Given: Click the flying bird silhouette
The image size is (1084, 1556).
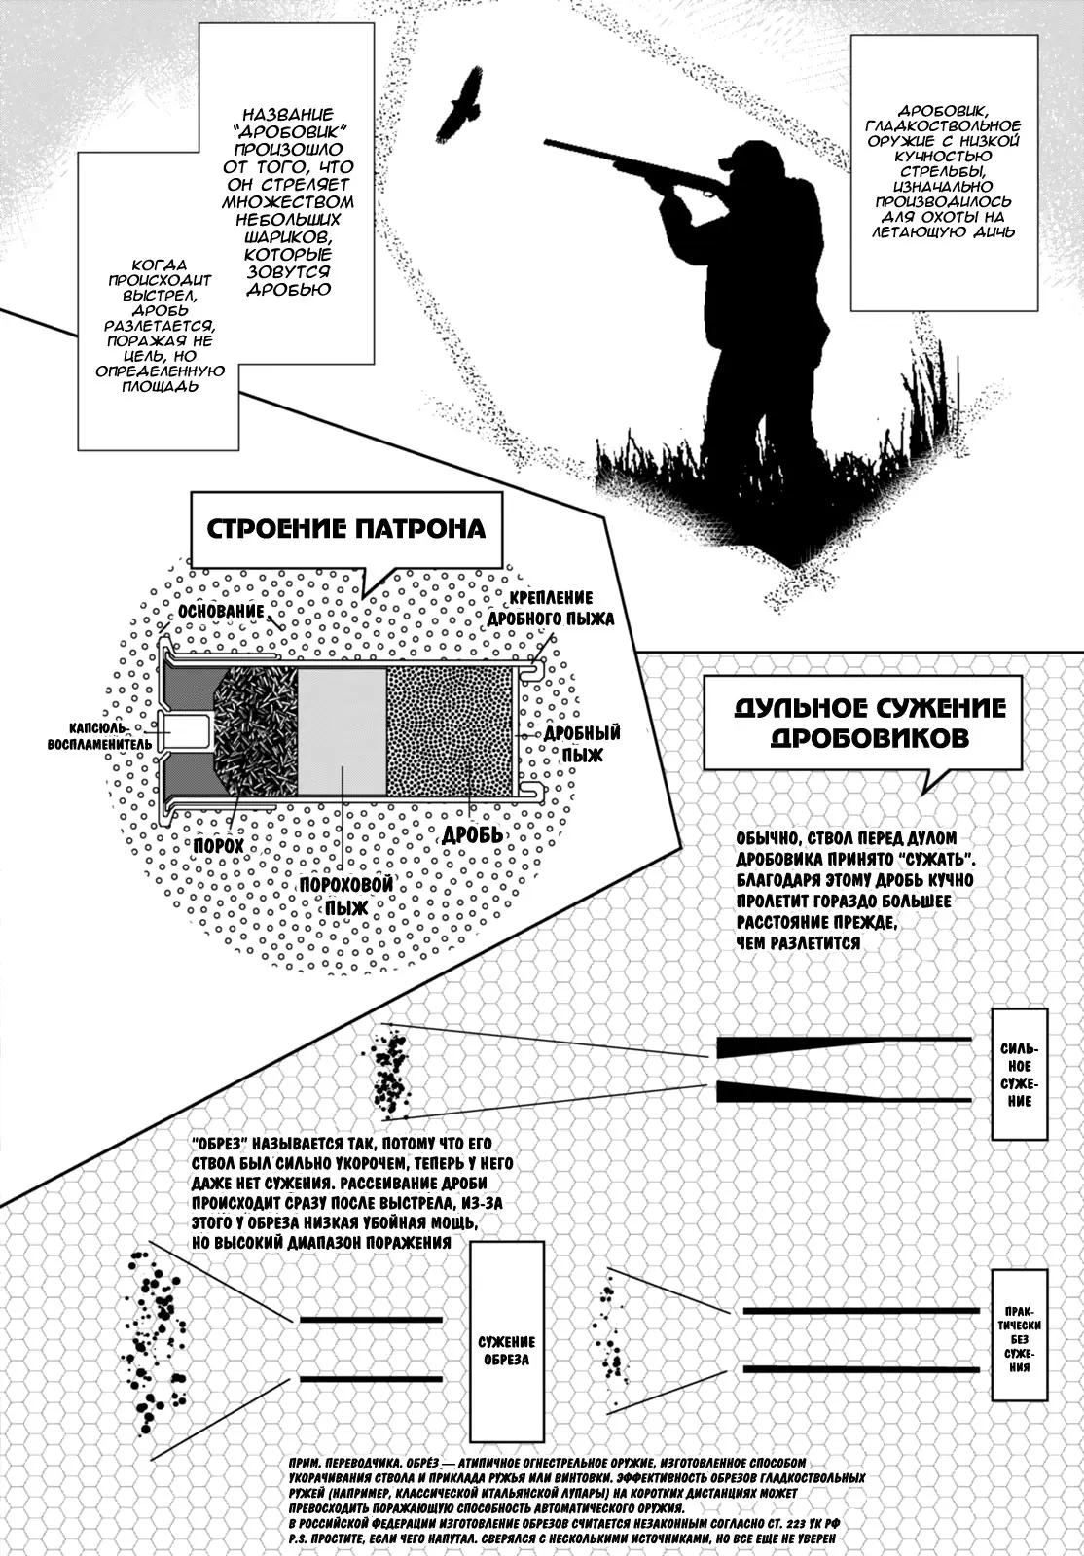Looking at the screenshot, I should click(462, 104).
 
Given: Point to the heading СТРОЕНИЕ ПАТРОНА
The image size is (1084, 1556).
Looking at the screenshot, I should click(346, 529).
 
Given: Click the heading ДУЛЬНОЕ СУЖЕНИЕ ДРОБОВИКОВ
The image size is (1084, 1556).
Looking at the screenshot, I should click(869, 722).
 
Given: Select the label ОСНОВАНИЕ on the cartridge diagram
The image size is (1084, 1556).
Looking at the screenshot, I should click(221, 612).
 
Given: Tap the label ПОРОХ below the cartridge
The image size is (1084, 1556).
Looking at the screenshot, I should click(218, 846).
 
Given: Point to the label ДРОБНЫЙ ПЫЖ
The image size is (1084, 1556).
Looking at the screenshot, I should click(582, 743).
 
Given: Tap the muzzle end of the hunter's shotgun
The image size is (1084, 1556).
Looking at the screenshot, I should click(548, 143).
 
